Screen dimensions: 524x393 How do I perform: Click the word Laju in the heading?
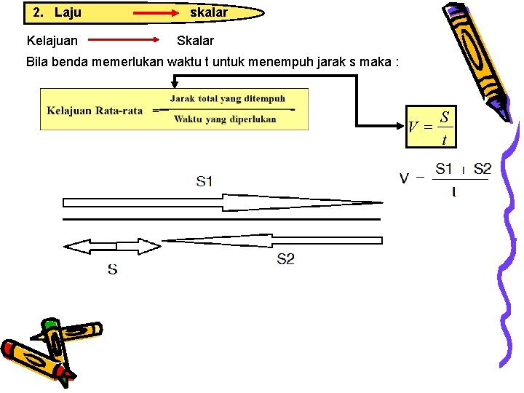tap(68, 12)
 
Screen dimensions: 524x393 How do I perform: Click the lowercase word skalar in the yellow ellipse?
tap(209, 12)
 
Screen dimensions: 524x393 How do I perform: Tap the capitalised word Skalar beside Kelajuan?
tap(195, 41)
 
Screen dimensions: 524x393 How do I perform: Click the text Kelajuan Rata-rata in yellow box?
tap(95, 111)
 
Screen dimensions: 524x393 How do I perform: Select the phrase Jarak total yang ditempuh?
tap(228, 99)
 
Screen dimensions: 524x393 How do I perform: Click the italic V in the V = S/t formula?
tap(413, 127)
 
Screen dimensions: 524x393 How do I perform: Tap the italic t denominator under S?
tap(444, 139)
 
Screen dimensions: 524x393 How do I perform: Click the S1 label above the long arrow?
tap(205, 181)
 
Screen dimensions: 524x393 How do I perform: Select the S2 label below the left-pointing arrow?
tap(285, 259)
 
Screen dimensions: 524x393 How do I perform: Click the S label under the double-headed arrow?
tap(113, 270)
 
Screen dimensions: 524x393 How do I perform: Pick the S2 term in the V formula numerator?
tap(482, 170)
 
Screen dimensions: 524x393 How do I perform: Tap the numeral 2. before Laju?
tap(39, 12)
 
